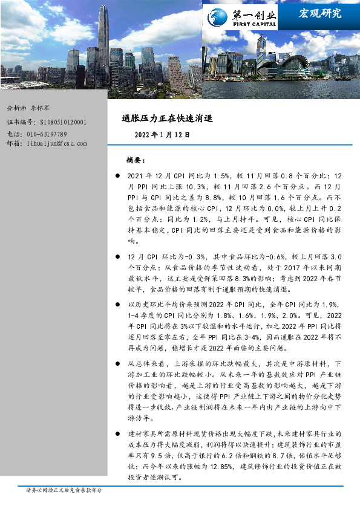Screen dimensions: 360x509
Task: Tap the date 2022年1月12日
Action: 163,135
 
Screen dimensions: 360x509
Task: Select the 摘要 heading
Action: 134,160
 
